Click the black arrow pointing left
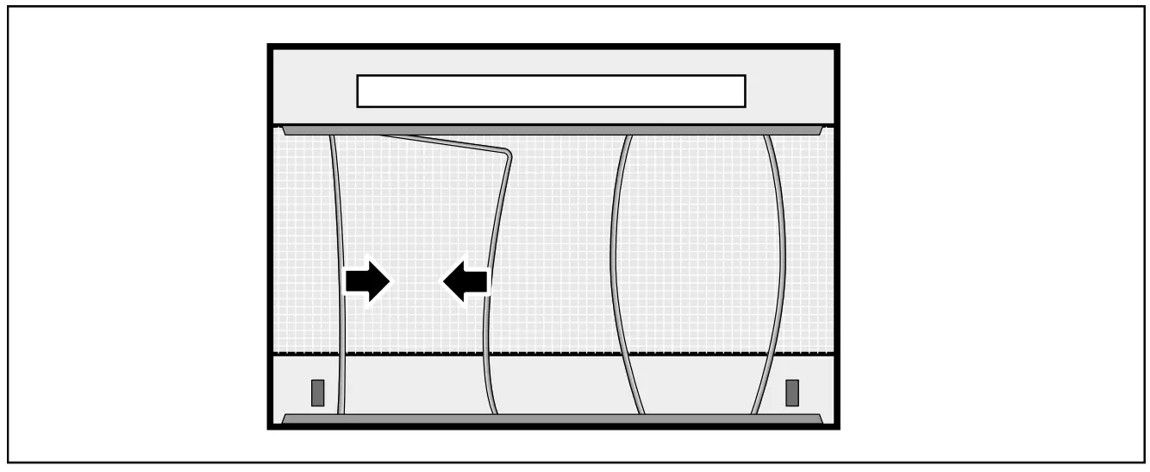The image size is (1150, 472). click(466, 281)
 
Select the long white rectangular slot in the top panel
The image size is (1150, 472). click(551, 91)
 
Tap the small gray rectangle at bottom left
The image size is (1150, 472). click(317, 393)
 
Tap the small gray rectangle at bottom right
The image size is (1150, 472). click(792, 393)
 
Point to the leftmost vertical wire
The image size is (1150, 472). click(339, 259)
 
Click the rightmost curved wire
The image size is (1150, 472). click(782, 259)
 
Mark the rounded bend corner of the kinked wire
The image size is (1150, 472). click(508, 154)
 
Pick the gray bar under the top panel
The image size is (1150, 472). click(552, 129)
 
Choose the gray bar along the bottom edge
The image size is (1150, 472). click(552, 419)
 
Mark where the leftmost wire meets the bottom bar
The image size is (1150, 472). click(342, 414)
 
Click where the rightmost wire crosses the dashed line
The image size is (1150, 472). click(771, 354)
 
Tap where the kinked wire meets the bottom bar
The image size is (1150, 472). click(493, 414)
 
